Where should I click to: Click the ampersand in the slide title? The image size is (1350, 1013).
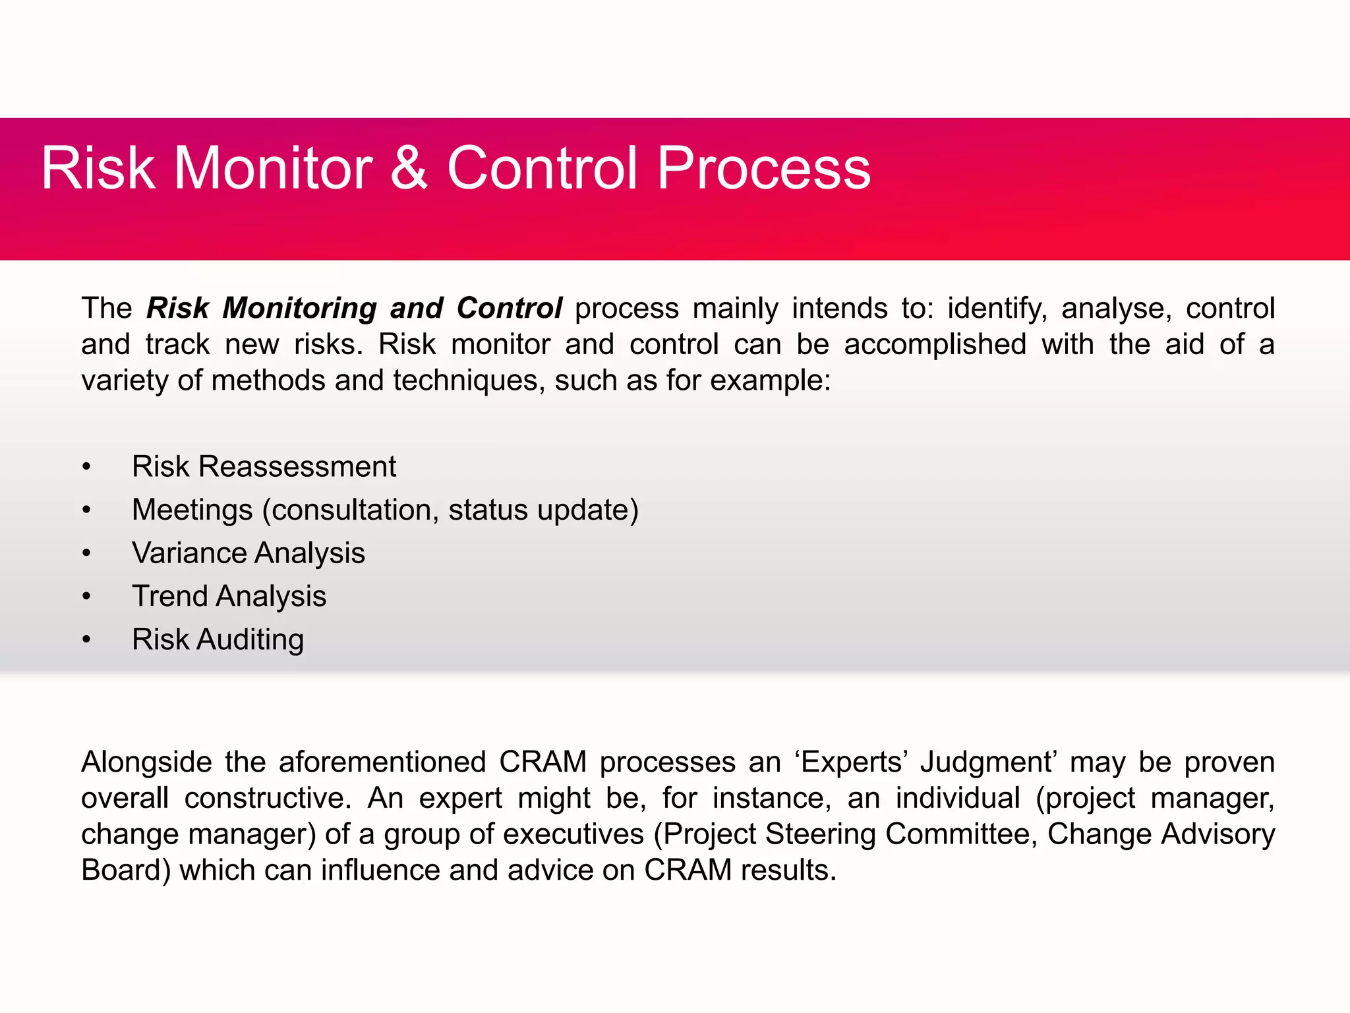(409, 169)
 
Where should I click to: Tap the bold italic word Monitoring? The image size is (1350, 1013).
(300, 309)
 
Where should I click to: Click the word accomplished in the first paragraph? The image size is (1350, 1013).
(935, 344)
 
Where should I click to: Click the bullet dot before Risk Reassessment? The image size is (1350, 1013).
(86, 468)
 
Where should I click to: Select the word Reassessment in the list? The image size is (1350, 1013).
(297, 467)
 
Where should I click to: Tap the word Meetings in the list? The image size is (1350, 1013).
(192, 510)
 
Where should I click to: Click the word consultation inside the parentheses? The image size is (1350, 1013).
(355, 510)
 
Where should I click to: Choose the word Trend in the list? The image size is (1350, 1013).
(171, 596)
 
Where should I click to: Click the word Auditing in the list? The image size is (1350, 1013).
(250, 640)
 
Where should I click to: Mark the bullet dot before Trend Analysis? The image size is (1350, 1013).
(86, 597)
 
